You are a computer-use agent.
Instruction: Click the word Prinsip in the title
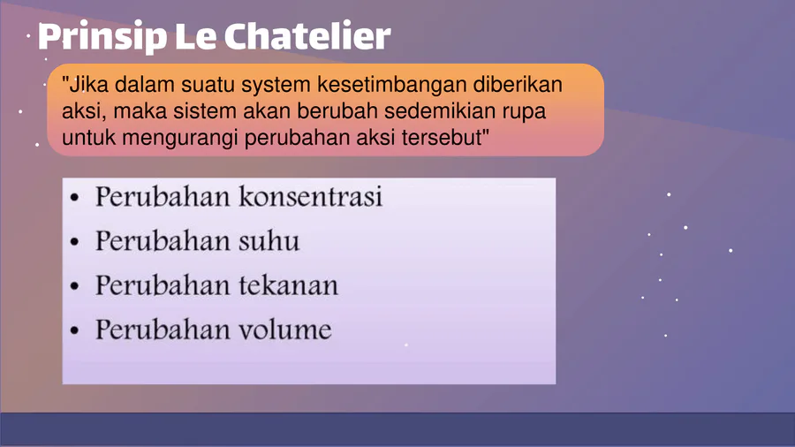pos(102,37)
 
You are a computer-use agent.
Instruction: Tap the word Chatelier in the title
pos(307,35)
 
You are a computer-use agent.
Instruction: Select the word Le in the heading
pos(195,36)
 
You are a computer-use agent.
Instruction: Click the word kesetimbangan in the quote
pos(392,85)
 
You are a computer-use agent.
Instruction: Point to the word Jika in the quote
pos(85,84)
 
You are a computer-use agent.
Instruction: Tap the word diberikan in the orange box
pos(518,84)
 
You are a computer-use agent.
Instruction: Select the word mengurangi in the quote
pos(179,138)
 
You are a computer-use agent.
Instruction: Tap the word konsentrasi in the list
pos(310,197)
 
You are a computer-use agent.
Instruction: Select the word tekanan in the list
pos(288,285)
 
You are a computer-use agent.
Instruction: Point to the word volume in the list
pos(285,330)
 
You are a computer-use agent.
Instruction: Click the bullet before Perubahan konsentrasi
pos(74,198)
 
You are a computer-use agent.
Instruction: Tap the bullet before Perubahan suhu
pos(74,242)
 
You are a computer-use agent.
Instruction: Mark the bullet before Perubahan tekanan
pos(74,286)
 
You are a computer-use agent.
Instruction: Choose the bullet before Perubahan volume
pos(74,331)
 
